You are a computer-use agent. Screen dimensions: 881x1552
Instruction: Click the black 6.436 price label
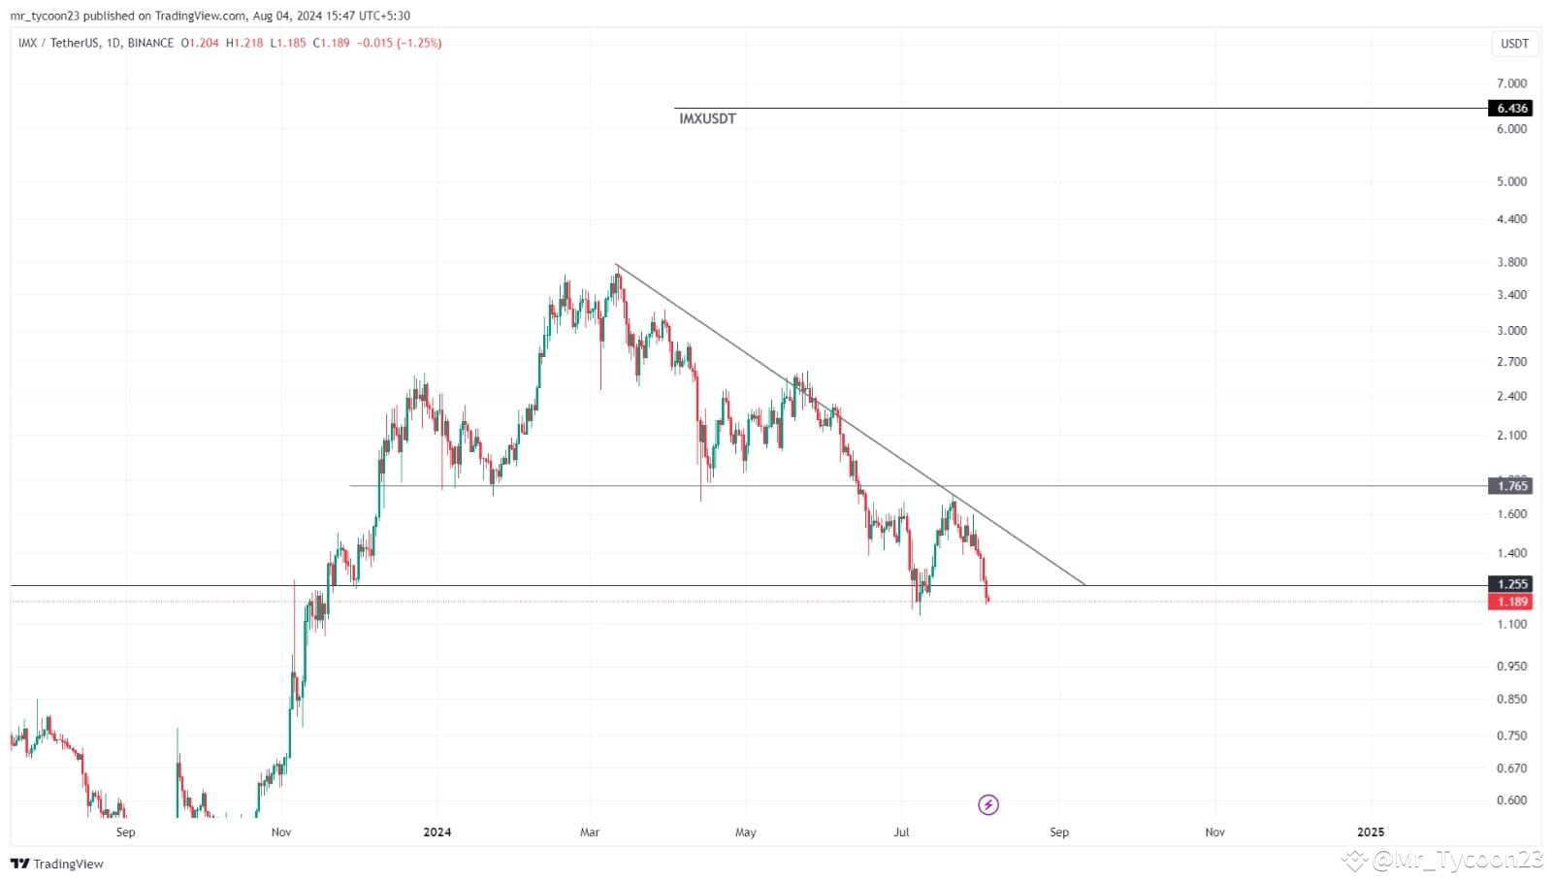coord(1509,109)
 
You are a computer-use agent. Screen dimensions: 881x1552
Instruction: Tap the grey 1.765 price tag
coord(1509,486)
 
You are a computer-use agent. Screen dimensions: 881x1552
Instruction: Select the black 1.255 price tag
coord(1509,584)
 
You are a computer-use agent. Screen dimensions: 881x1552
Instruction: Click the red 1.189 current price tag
coord(1509,602)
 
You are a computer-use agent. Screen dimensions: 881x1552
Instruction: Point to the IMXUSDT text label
coord(707,119)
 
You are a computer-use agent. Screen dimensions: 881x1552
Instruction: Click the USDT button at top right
coord(1514,44)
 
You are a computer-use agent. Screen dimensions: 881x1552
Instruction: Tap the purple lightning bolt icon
coord(987,804)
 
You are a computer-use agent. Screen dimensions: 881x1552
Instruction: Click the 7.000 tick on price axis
coord(1511,83)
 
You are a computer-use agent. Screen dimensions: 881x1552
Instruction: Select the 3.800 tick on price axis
coord(1511,262)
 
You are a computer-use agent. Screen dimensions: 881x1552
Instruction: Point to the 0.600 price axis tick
coord(1511,800)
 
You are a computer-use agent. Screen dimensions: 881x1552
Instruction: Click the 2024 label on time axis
coord(437,832)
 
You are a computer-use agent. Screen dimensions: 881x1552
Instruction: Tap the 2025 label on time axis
coord(1370,832)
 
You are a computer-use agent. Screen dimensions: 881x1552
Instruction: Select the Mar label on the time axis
coord(590,832)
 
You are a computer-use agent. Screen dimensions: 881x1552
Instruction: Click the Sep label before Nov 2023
coord(125,832)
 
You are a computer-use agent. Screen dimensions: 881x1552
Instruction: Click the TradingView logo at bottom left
coord(57,864)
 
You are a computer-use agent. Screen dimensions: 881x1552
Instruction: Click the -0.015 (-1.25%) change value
coord(400,43)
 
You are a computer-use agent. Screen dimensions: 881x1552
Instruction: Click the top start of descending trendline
coord(617,265)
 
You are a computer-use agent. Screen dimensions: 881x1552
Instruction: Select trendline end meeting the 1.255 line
coord(1084,585)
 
